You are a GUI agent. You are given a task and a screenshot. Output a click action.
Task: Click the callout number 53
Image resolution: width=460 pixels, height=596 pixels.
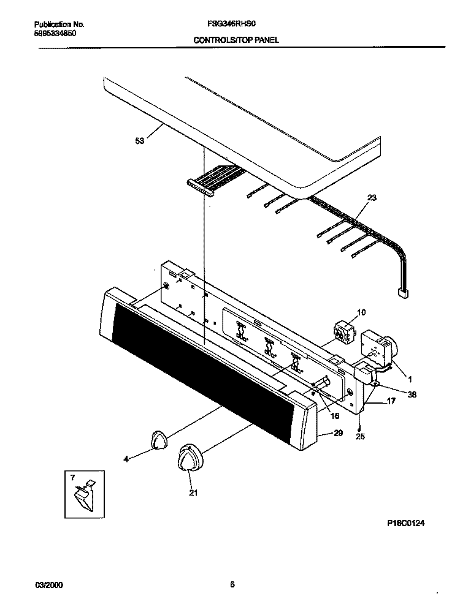pos(140,141)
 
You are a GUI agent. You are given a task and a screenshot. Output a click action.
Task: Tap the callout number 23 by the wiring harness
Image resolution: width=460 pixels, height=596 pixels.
pos(372,198)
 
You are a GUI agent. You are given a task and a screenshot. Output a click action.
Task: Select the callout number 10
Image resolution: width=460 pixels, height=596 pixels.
pos(361,312)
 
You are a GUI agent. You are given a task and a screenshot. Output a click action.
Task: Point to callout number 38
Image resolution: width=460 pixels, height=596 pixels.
pos(412,394)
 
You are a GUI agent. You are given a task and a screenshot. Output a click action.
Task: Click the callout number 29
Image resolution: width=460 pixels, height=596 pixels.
pos(338,433)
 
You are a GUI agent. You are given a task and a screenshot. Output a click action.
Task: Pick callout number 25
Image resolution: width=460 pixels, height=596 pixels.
pos(360,437)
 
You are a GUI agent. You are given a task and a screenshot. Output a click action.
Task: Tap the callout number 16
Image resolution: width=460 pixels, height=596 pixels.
pos(335,416)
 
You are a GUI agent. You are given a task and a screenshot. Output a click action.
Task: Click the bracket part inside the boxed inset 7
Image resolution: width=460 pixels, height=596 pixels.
pos(85,496)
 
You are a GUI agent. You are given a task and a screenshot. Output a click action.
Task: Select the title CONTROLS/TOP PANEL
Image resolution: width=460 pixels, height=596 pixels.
pos(236,40)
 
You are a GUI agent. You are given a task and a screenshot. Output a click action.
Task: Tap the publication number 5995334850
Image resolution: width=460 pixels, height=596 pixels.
pos(55,34)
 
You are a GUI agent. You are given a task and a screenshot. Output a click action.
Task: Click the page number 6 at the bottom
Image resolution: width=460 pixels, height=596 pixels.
pos(232,584)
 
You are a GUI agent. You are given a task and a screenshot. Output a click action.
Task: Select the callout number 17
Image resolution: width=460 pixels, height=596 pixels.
pos(391,401)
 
